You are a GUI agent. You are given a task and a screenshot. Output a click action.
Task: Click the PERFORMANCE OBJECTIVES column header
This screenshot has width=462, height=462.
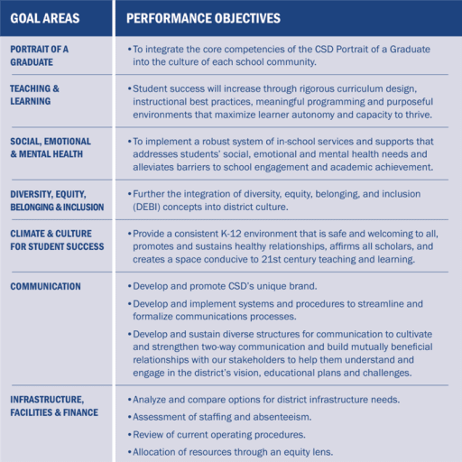tap(203, 18)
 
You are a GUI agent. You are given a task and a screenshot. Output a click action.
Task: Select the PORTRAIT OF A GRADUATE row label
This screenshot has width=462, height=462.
tap(40, 55)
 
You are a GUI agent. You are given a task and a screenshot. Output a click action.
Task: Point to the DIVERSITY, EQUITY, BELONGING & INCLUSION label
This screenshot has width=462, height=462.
tap(57, 199)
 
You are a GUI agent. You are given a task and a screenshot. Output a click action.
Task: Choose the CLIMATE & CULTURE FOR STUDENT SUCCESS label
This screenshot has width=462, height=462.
tap(55, 239)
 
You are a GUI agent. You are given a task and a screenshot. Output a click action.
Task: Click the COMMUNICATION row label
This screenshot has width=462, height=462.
tap(46, 286)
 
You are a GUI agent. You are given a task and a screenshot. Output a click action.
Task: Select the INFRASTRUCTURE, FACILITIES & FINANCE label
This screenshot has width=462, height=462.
tap(52, 404)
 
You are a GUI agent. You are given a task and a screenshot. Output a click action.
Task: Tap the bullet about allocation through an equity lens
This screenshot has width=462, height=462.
tap(233, 451)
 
